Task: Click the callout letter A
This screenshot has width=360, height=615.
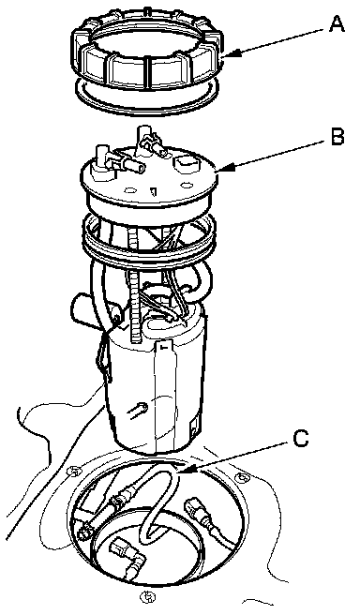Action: [336, 24]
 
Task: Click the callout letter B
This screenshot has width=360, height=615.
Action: [337, 137]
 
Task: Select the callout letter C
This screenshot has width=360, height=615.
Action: [300, 439]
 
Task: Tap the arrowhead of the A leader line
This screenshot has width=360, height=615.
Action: [230, 56]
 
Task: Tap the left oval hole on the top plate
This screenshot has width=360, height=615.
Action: [130, 190]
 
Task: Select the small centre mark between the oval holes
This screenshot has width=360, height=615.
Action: [154, 191]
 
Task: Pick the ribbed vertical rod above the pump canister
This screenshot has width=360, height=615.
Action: [133, 297]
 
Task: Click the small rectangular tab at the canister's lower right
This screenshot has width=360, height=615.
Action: [193, 427]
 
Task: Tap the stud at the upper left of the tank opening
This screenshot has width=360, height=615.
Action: [73, 471]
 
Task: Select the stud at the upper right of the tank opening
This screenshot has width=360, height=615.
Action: [243, 477]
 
